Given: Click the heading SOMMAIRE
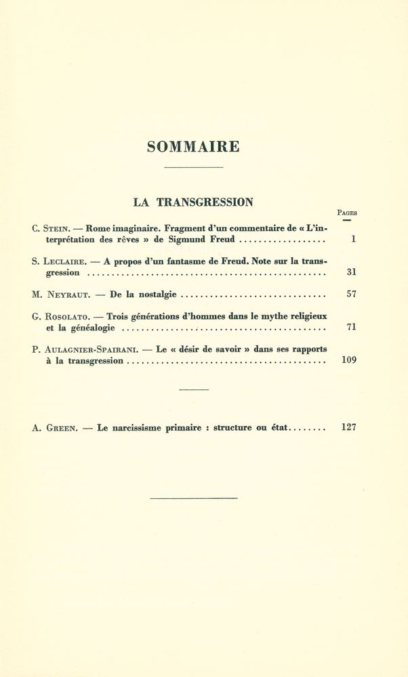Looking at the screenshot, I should coord(193,146).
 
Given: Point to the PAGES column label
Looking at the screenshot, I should coord(347,213).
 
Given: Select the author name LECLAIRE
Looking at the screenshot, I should coord(64,262).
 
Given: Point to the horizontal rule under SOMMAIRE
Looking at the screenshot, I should coord(193,167).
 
